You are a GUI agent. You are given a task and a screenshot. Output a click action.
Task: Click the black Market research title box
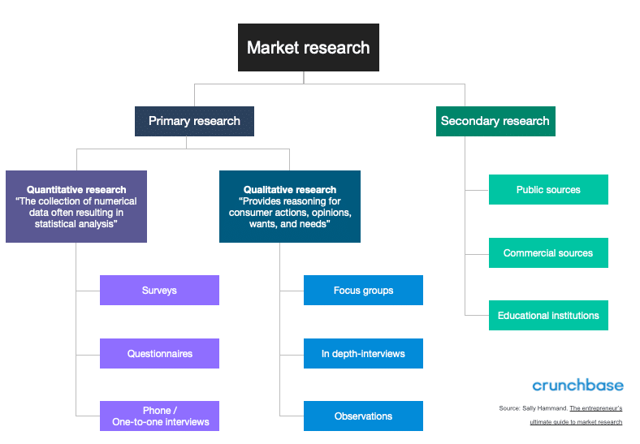point(308,48)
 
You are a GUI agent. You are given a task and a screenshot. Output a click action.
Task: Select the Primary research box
point(194,121)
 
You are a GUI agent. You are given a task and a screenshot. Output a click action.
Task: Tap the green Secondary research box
point(495,121)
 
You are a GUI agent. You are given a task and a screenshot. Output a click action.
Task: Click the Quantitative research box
point(76,206)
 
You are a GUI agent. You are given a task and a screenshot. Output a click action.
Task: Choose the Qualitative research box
point(290,206)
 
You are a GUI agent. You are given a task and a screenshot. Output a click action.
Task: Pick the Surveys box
point(159,290)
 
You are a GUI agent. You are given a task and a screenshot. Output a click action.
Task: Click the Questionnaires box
point(159,353)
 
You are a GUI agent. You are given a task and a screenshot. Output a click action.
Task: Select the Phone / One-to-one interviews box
point(159,416)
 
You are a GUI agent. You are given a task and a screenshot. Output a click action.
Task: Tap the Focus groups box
point(363,290)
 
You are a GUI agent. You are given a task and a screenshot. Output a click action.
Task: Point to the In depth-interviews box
point(363,353)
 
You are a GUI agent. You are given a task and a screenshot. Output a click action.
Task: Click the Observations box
point(363,416)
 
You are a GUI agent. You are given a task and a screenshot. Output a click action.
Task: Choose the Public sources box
point(548,189)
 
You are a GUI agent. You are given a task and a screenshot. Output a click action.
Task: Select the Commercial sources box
point(548,252)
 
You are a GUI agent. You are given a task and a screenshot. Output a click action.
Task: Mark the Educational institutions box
point(548,315)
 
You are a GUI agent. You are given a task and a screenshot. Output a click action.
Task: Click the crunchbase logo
point(577,385)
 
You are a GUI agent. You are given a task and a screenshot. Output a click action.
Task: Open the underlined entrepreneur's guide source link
point(576,421)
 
